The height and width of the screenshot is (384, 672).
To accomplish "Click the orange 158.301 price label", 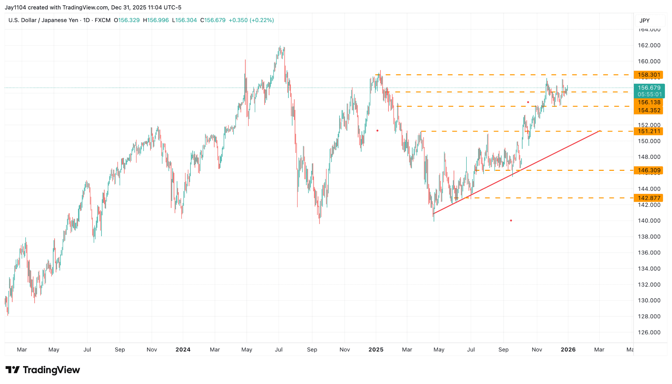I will [649, 75].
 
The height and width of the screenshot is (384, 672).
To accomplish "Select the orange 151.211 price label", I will [649, 131].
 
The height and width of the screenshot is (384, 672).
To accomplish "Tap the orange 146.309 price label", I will [649, 170].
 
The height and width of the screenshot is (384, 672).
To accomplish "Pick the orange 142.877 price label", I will [649, 198].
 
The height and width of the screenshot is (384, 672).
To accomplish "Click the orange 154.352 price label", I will [649, 110].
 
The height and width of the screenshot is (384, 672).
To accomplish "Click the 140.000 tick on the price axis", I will [649, 221].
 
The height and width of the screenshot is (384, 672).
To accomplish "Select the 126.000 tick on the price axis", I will [649, 333].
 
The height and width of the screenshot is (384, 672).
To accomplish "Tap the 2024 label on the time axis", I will [183, 349].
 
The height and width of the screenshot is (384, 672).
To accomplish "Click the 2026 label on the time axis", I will [568, 349].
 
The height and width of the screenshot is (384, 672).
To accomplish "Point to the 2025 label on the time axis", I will [376, 349].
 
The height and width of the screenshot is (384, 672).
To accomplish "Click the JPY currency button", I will [644, 21].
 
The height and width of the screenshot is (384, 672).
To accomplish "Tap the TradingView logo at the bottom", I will [43, 370].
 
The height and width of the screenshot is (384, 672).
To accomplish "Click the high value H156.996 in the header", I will [156, 20].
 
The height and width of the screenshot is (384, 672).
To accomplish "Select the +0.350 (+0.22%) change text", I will [251, 20].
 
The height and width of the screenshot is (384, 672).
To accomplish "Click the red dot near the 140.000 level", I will [511, 221].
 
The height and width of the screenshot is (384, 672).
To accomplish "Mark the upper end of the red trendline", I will [600, 131].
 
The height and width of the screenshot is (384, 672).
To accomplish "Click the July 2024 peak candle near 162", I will [280, 47].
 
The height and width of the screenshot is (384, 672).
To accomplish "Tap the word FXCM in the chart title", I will [103, 20].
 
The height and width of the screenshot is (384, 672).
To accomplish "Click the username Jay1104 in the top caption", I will [15, 7].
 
